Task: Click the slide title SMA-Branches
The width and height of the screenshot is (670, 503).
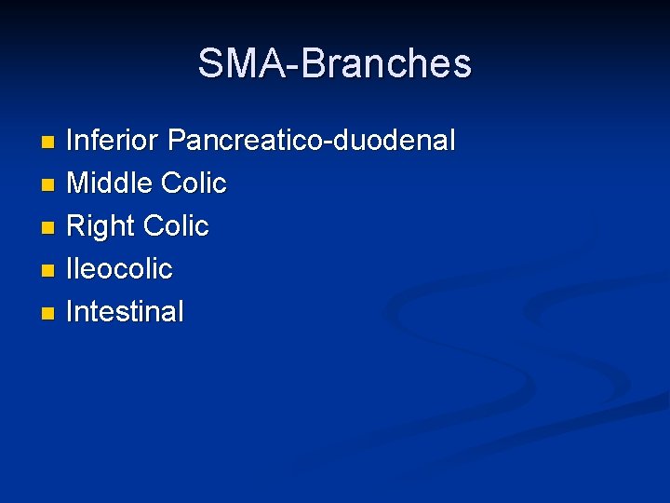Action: (335, 63)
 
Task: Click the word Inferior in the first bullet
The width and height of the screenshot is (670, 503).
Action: (114, 141)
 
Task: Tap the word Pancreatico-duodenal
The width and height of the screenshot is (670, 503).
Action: (312, 141)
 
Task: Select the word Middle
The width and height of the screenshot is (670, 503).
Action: (110, 184)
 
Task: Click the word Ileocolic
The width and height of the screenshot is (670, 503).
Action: (120, 269)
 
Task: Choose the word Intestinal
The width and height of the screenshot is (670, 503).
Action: (126, 312)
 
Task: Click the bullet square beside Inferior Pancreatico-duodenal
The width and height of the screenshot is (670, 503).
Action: (48, 143)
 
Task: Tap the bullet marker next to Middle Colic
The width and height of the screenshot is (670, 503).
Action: (48, 185)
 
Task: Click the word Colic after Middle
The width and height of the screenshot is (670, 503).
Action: (194, 184)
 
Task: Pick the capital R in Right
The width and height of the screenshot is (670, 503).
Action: (76, 226)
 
